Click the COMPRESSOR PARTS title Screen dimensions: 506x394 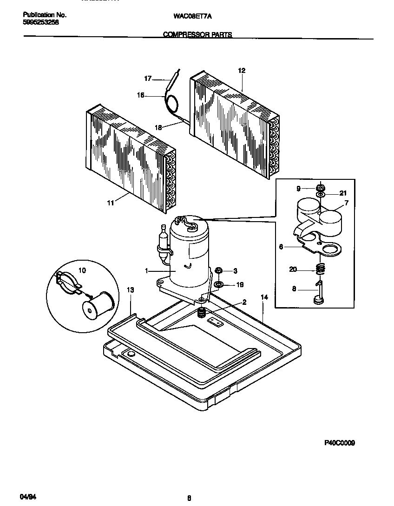pos(197,35)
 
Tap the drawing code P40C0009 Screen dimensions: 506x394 pos(339,443)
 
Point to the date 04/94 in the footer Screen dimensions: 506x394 pos(28,497)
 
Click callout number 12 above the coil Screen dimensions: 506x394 pos(242,71)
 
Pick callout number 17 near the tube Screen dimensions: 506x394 pos(148,79)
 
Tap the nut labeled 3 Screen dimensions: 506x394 pos(219,270)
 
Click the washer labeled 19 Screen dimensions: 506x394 pos(219,284)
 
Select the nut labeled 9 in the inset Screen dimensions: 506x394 pos(320,188)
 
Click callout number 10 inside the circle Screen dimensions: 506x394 pos(82,270)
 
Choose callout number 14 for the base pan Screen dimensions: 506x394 pos(264,297)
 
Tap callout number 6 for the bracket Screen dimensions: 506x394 pos(281,247)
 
